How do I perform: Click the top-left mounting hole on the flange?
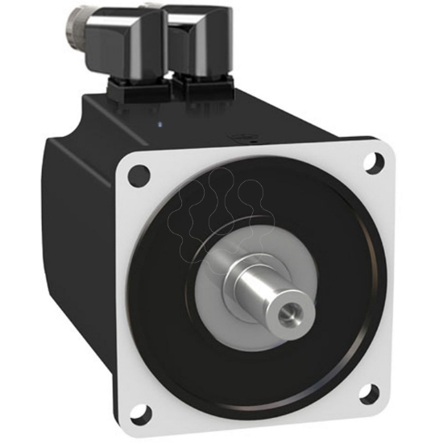[140, 172]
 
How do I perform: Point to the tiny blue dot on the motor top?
[162, 123]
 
